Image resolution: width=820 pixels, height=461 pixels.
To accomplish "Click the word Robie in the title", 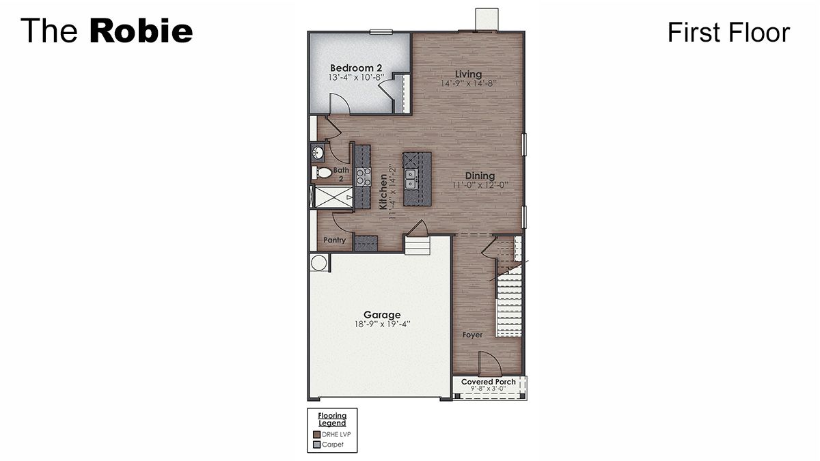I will tap(141, 31).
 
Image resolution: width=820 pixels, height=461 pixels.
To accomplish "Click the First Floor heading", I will tap(728, 32).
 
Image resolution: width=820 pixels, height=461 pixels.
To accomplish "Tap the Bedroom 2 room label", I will tap(355, 68).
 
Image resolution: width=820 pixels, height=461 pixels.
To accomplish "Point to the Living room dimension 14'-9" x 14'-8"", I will tap(469, 83).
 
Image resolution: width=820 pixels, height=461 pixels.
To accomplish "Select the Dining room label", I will tap(480, 176).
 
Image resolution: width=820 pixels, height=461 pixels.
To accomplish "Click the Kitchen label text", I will tap(383, 191).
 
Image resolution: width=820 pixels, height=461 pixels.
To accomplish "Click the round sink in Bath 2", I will tap(318, 152).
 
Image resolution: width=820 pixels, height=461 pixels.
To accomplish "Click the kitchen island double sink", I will tap(411, 180).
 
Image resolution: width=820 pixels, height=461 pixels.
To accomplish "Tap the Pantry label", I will tap(335, 240).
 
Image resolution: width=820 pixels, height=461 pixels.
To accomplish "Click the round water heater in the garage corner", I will tap(318, 262).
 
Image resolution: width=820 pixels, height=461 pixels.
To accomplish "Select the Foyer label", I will tap(472, 335).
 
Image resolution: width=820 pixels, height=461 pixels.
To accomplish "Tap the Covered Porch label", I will tap(489, 382).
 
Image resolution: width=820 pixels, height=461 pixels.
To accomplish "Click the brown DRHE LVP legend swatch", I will tap(317, 434).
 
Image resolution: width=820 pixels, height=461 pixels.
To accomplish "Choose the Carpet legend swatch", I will tap(317, 445).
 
